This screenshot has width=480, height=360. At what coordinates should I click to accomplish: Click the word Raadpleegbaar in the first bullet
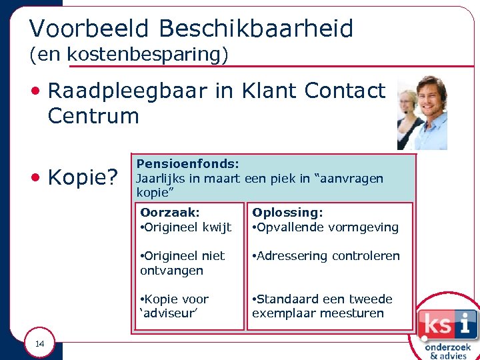pyautogui.click(x=127, y=91)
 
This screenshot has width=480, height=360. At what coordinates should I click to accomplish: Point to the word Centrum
pyautogui.click(x=93, y=116)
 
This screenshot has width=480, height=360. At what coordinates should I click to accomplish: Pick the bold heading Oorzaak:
pyautogui.click(x=169, y=213)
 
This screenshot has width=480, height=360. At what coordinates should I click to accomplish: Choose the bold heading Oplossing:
pyautogui.click(x=287, y=213)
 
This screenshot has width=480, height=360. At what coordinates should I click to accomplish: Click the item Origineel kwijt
pyautogui.click(x=186, y=227)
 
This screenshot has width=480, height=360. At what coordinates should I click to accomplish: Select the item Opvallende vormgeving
pyautogui.click(x=325, y=227)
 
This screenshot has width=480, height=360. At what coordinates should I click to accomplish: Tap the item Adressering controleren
pyautogui.click(x=326, y=256)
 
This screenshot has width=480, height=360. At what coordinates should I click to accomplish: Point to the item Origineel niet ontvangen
pyautogui.click(x=182, y=263)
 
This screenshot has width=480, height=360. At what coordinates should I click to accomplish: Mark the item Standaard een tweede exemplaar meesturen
pyautogui.click(x=322, y=306)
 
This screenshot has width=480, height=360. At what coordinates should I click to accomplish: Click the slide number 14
pyautogui.click(x=40, y=344)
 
